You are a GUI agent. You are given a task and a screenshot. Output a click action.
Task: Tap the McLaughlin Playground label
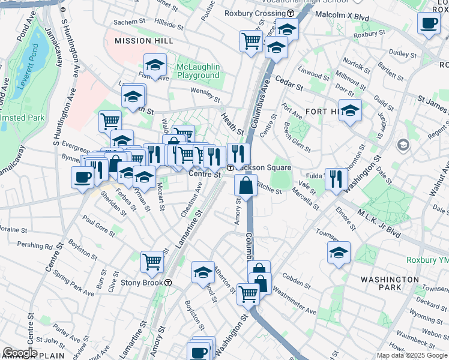[x=197, y=71]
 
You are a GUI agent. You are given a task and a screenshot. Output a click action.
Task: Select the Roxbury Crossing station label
[x=255, y=13]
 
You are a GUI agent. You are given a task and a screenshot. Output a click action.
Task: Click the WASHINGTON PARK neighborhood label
[x=390, y=283]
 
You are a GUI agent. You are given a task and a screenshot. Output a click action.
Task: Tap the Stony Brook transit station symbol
[x=169, y=283]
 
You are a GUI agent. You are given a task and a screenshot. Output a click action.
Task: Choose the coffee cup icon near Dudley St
[x=429, y=24]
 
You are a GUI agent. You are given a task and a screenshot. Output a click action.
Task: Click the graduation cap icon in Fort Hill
[x=350, y=110]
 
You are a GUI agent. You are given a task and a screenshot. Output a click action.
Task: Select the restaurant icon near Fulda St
[x=336, y=178]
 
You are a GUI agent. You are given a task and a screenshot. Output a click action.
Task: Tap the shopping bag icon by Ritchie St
[x=246, y=185]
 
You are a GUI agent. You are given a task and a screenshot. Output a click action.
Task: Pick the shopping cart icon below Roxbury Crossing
[x=251, y=41]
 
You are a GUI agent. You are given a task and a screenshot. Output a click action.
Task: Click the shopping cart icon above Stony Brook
[x=152, y=262]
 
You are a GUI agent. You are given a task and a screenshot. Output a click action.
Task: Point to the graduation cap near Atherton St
[x=203, y=272]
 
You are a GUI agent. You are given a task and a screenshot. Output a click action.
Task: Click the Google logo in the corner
[x=19, y=353]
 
